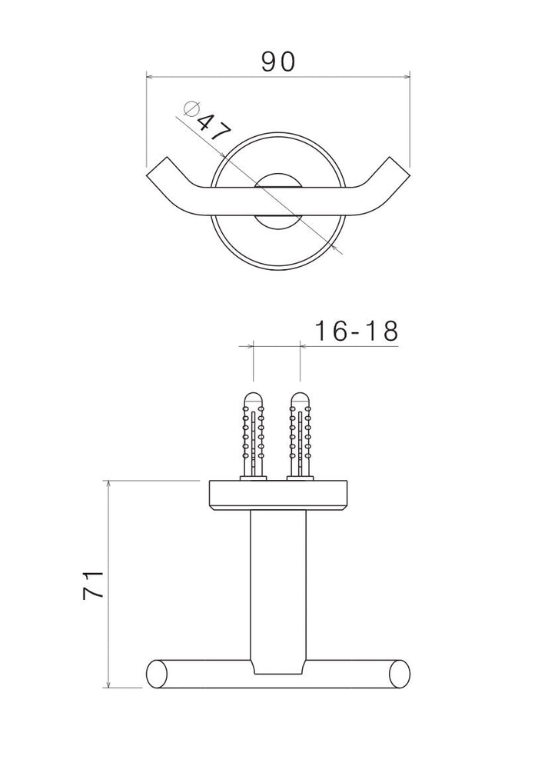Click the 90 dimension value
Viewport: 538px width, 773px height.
(x=278, y=62)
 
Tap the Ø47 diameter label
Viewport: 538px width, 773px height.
(x=206, y=122)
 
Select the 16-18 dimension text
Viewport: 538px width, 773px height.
(x=356, y=331)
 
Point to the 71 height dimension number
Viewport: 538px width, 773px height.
(x=94, y=585)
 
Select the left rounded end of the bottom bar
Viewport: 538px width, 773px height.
(x=158, y=674)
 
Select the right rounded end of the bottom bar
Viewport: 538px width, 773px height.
(x=400, y=674)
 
